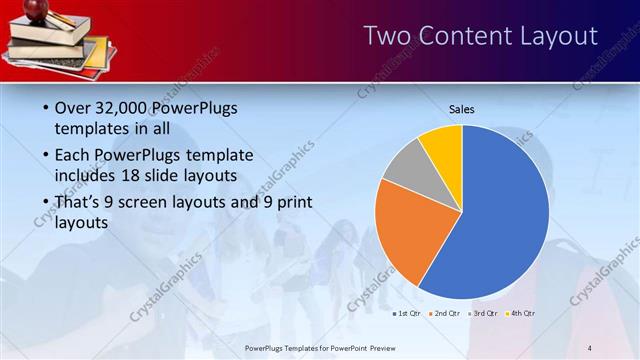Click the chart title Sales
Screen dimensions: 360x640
pos(461,109)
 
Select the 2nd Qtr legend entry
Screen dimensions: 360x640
pos(444,314)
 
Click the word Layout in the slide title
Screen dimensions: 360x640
pos(551,37)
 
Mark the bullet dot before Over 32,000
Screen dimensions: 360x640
pos(45,108)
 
